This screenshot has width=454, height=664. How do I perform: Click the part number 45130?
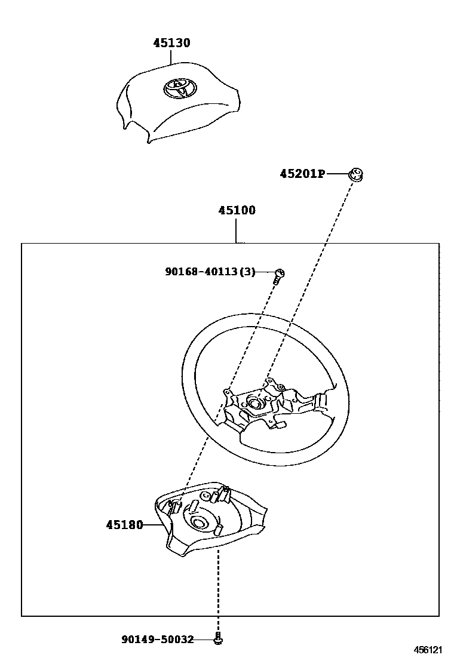click(171, 43)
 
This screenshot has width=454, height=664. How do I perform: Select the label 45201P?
click(302, 174)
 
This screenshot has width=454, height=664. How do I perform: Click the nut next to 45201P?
click(357, 174)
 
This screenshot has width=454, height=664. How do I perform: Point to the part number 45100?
click(237, 210)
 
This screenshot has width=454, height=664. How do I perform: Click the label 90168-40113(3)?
click(210, 272)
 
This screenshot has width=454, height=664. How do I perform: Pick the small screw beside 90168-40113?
click(278, 275)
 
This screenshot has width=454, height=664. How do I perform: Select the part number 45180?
click(124, 525)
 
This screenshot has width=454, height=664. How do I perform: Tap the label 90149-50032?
click(158, 640)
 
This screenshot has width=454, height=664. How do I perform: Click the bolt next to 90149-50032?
click(219, 639)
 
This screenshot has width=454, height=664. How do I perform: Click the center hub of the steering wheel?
click(256, 403)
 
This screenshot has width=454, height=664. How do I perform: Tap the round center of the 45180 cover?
click(199, 523)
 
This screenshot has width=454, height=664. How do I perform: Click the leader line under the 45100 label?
click(237, 230)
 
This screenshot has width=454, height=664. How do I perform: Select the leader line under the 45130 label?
click(171, 57)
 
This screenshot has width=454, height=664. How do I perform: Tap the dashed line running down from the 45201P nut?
click(317, 269)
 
